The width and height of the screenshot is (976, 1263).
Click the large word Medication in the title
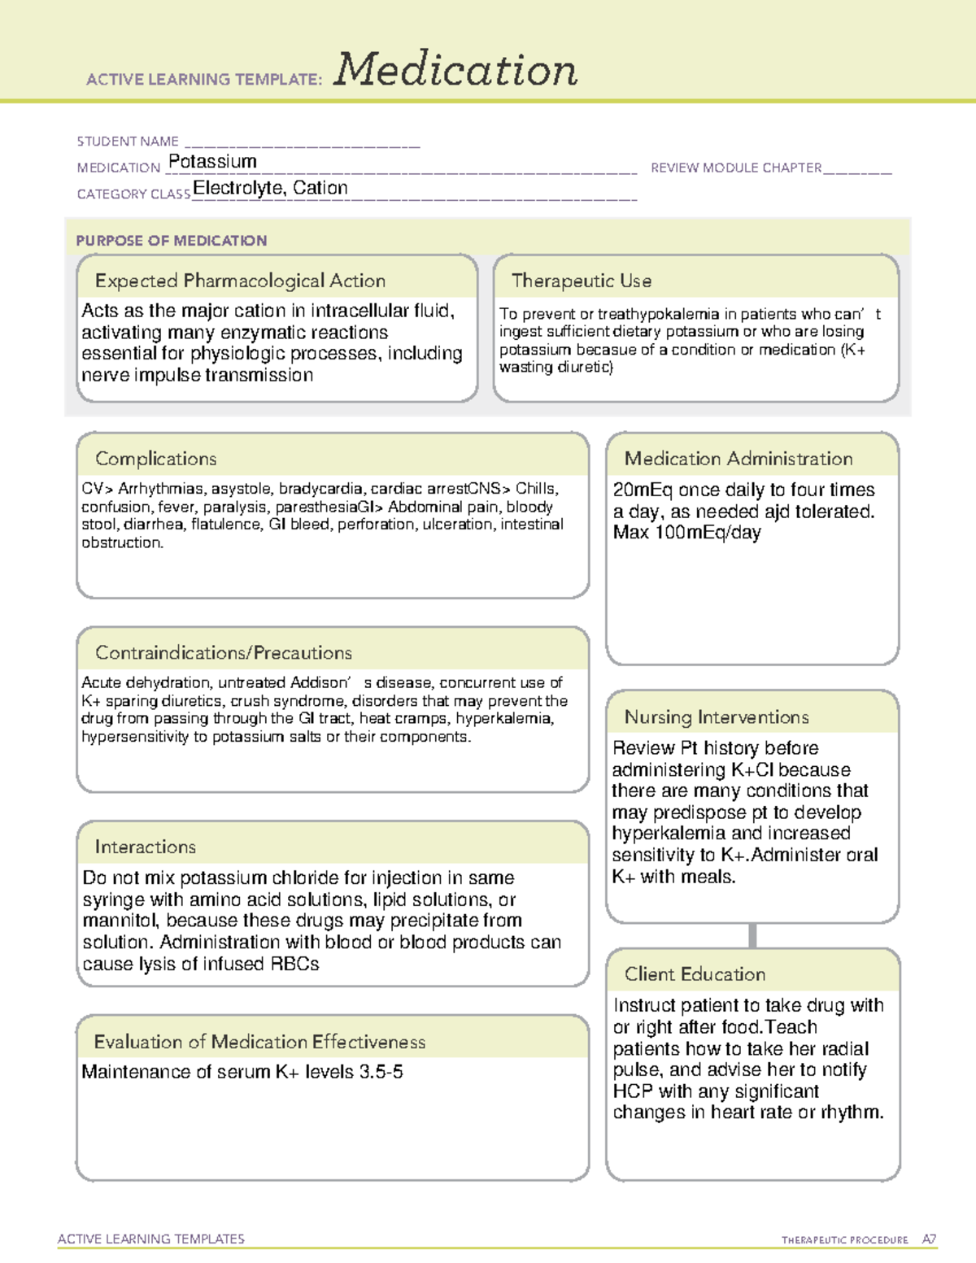pyautogui.click(x=455, y=70)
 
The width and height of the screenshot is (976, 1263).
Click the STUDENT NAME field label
pyautogui.click(x=128, y=142)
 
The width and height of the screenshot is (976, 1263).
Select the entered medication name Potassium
pyautogui.click(x=212, y=162)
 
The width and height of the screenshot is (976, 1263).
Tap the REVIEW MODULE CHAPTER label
pyautogui.click(x=736, y=168)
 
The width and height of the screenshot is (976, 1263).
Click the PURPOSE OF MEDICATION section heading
pyautogui.click(x=172, y=241)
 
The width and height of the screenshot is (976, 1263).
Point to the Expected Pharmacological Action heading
pyautogui.click(x=240, y=281)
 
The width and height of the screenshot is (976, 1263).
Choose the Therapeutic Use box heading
pyautogui.click(x=582, y=281)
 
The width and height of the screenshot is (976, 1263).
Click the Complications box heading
pyautogui.click(x=156, y=459)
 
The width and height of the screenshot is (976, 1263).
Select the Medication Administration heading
pyautogui.click(x=739, y=459)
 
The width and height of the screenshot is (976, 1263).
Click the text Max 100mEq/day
pyautogui.click(x=687, y=533)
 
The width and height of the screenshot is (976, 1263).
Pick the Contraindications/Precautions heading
pyautogui.click(x=224, y=652)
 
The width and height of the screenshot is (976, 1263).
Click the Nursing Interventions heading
pyautogui.click(x=717, y=716)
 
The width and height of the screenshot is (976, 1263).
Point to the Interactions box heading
pyautogui.click(x=146, y=847)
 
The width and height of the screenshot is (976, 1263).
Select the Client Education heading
pyautogui.click(x=695, y=973)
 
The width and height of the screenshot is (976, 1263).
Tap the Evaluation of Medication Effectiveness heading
pyautogui.click(x=259, y=1042)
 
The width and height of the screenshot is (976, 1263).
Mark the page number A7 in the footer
pyautogui.click(x=929, y=1239)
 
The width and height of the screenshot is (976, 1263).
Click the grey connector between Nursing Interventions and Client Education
pyautogui.click(x=752, y=935)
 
